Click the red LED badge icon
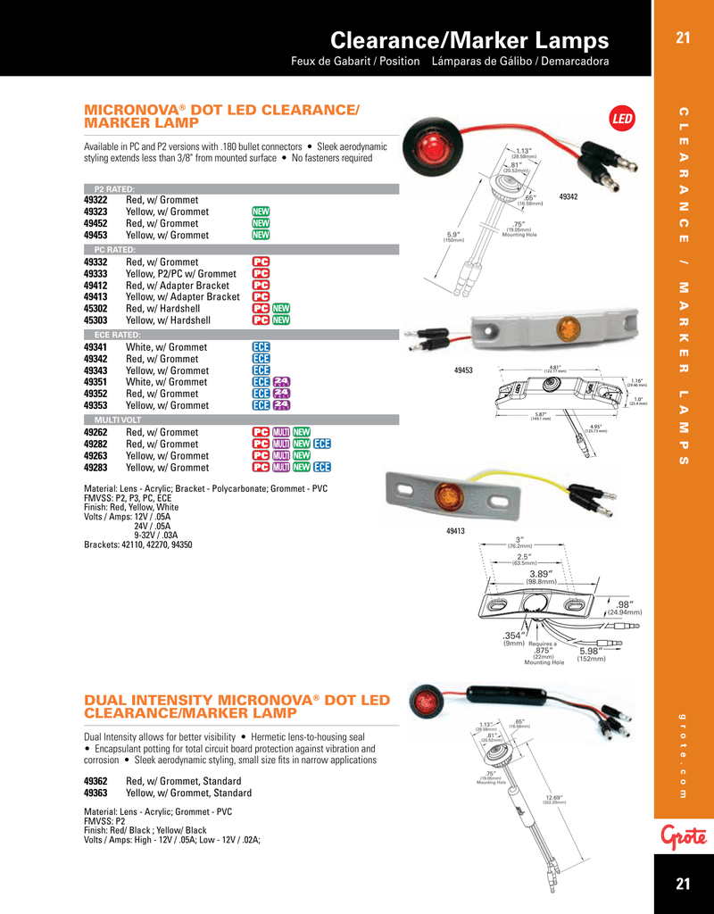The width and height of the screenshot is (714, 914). tap(621, 119)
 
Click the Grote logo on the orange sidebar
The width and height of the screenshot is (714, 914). tap(684, 835)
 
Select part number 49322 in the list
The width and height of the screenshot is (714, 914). tap(95, 201)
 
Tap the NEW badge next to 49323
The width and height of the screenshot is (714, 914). tap(261, 212)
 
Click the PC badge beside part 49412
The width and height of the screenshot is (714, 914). tap(261, 286)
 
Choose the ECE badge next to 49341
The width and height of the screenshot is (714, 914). tap(261, 347)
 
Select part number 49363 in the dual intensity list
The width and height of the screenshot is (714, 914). tap(95, 793)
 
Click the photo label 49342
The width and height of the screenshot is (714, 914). tap(569, 195)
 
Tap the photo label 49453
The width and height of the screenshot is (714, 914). tap(463, 370)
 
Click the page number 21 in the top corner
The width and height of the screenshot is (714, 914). tap(684, 37)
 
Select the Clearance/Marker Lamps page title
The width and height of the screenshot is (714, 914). tap(469, 40)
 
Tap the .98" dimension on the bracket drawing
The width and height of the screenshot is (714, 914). tap(625, 604)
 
